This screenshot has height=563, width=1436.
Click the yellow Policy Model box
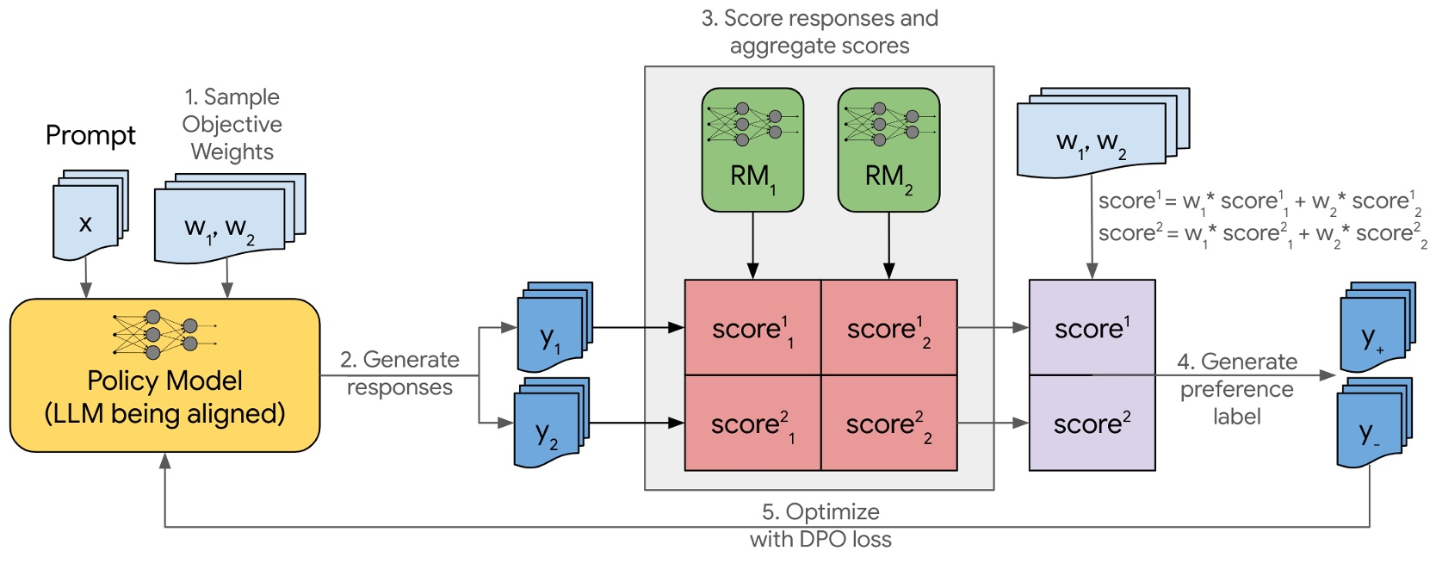click(164, 396)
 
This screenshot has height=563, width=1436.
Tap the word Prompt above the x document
click(90, 135)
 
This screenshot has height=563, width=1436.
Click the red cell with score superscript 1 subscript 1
click(752, 328)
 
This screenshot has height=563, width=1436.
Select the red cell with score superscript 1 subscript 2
click(888, 328)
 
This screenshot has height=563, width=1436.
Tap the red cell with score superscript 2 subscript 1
click(752, 424)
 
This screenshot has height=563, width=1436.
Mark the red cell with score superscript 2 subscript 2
click(888, 424)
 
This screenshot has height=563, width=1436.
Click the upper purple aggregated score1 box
click(1092, 328)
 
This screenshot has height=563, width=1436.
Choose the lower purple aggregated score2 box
click(1092, 424)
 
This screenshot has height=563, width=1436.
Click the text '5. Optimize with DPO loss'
click(820, 525)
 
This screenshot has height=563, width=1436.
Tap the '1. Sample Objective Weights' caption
click(232, 124)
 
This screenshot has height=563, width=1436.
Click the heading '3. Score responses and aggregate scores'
click(820, 32)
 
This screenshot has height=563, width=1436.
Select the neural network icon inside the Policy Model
click(164, 335)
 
